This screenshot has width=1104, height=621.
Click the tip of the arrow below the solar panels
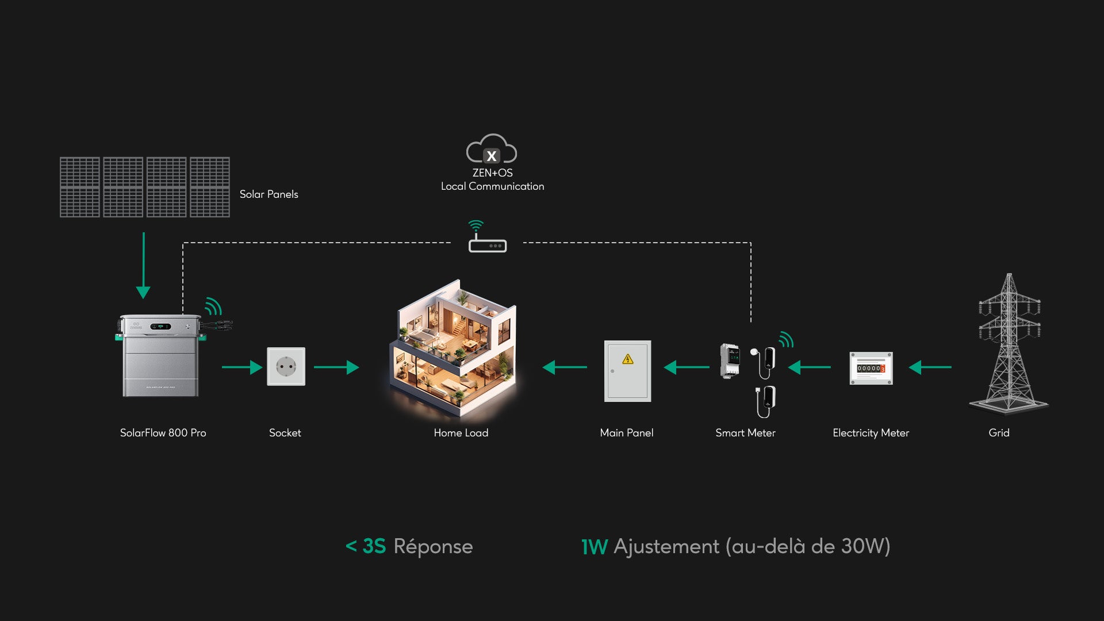143,298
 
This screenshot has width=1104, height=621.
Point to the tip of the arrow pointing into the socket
263,367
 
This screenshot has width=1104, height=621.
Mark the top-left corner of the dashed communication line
183,243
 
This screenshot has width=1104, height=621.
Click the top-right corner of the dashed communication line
751,243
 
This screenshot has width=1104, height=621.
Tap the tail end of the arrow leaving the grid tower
952,367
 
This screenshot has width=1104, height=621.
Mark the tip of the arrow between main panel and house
542,367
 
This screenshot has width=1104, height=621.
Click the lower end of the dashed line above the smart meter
751,322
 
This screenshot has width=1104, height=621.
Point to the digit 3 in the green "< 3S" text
368,546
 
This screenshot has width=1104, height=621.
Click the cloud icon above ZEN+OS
492,149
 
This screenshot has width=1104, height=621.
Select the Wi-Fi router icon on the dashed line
488,237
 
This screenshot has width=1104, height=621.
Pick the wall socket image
286,366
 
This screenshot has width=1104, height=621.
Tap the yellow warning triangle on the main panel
628,359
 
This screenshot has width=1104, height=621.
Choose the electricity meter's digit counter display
871,368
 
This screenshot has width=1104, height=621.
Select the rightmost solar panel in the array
210,187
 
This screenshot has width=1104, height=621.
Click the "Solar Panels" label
269,194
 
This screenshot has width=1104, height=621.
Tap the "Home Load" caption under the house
461,433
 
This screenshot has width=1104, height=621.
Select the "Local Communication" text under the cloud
492,186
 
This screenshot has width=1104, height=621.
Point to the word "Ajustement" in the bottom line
666,546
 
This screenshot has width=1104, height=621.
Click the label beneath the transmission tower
999,433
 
